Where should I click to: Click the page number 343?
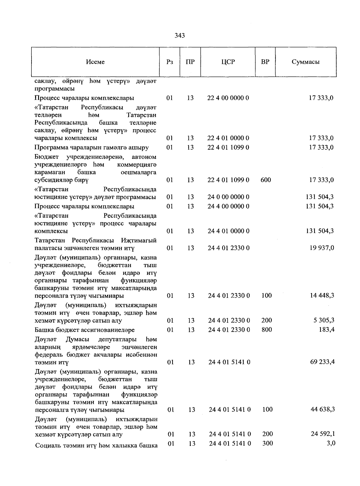pos(180,36)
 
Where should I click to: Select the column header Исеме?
pos(95,62)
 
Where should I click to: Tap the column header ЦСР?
pos(228,62)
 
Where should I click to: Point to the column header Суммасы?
pos(305,62)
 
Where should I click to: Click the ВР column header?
pos(265,62)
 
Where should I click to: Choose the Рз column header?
pos(169,62)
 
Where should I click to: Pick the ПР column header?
pos(190,62)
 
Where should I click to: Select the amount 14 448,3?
pos(322,296)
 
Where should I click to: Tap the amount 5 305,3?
pos(324,320)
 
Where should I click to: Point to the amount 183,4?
pos(327,330)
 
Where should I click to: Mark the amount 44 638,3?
pos(322,409)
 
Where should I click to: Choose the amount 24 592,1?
pos(322,434)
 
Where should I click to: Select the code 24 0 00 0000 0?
pos(228,197)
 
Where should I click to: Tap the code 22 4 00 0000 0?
pos(228,98)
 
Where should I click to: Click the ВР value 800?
pos(267,330)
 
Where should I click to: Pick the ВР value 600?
pos(266,180)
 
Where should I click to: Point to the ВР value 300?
pos(268,443)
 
